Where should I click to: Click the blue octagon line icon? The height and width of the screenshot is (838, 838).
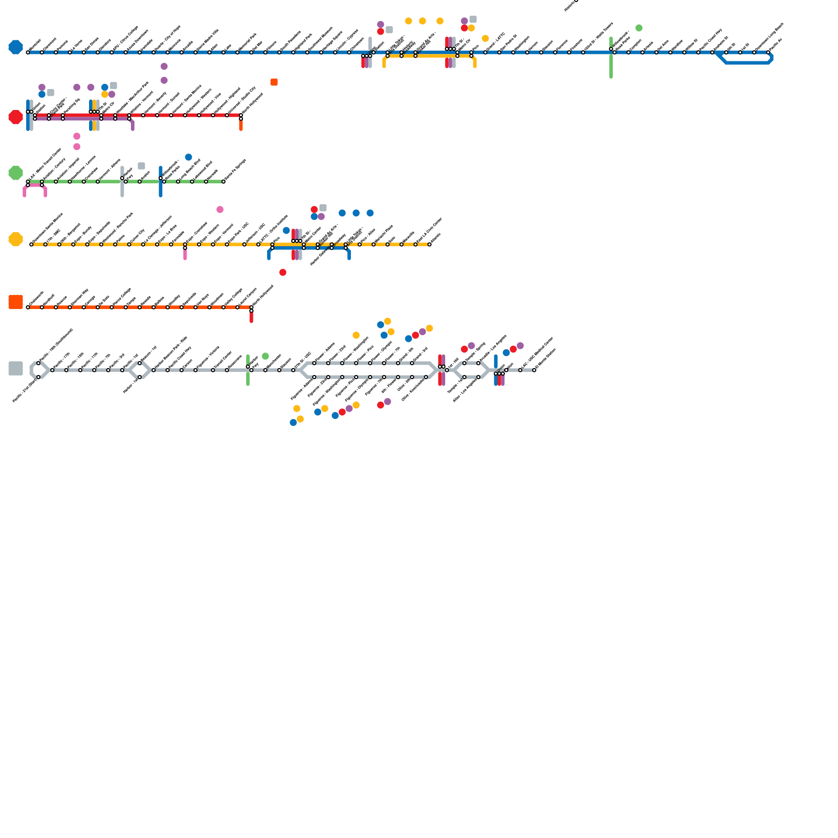pyautogui.click(x=16, y=47)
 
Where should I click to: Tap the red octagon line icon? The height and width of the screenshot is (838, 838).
pyautogui.click(x=16, y=117)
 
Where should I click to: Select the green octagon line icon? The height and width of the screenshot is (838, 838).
pyautogui.click(x=16, y=173)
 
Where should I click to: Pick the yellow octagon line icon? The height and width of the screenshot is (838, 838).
pyautogui.click(x=16, y=239)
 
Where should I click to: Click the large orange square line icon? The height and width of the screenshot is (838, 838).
pyautogui.click(x=16, y=302)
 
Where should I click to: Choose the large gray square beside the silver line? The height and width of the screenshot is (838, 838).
pyautogui.click(x=16, y=368)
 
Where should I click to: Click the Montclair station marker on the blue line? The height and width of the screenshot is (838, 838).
pyautogui.click(x=28, y=52)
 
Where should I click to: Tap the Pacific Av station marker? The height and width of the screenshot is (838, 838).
pyautogui.click(x=768, y=52)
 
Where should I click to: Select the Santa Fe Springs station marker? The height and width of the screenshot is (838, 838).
pyautogui.click(x=224, y=182)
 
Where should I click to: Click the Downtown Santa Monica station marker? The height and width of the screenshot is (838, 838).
pyautogui.click(x=31, y=245)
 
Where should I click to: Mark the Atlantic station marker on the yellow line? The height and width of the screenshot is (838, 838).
pyautogui.click(x=429, y=245)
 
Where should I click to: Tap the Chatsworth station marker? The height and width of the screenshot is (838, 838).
pyautogui.click(x=28, y=307)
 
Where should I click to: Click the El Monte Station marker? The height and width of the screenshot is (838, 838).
pyautogui.click(x=534, y=370)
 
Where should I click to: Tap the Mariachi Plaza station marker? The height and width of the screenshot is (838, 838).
pyautogui.click(x=388, y=245)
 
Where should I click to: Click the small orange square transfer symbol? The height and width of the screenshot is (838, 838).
pyautogui.click(x=274, y=82)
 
